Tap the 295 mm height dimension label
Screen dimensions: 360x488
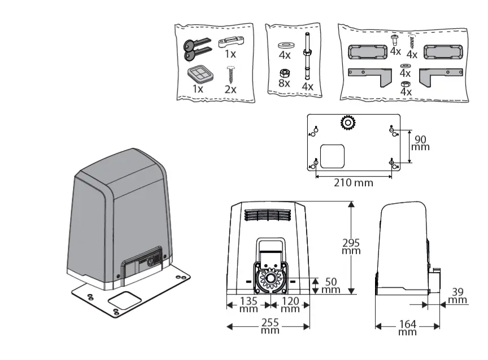(351, 247)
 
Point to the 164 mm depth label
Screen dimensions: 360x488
(407, 327)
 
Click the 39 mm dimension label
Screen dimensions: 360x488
(459, 295)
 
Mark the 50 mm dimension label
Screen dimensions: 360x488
(332, 285)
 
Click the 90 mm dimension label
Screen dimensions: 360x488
(420, 143)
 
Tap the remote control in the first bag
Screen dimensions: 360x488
(198, 73)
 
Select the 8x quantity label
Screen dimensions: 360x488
(284, 83)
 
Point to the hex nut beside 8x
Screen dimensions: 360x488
(285, 72)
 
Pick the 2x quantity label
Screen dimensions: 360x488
(230, 89)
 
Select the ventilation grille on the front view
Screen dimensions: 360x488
(269, 216)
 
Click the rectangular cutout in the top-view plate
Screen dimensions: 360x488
(332, 156)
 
